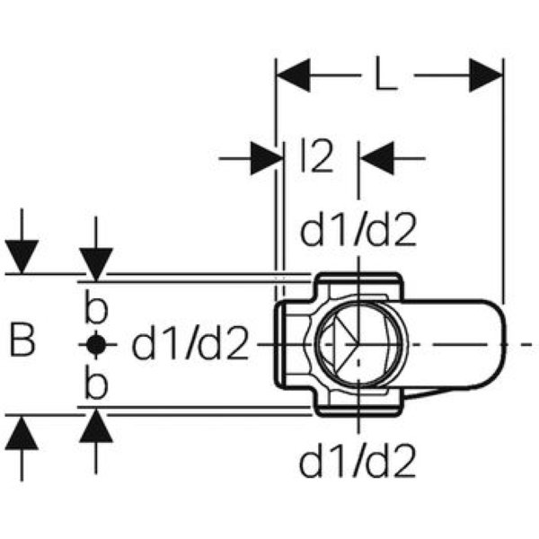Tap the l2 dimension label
[316, 159]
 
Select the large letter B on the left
[24, 342]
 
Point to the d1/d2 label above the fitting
[358, 232]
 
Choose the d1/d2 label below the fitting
[358, 463]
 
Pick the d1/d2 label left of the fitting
[190, 344]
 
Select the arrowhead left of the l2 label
[262, 159]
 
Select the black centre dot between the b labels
[96, 343]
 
